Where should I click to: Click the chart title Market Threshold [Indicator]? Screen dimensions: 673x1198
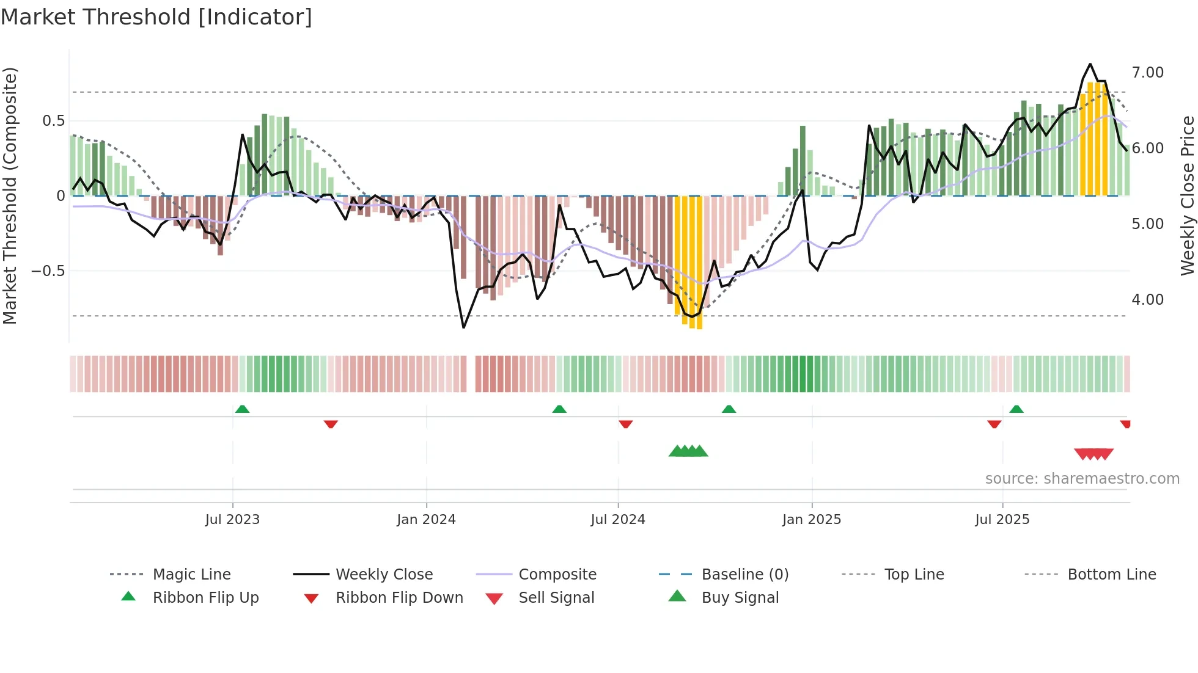156,17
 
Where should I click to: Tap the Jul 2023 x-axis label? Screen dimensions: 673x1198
232,520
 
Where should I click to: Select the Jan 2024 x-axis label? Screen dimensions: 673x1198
426,520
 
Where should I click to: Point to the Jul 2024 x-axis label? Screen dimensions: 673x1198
617,520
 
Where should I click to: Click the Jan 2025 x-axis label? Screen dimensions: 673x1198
811,520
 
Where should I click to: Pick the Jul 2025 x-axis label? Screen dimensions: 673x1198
1002,520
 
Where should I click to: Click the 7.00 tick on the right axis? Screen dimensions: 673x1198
1147,73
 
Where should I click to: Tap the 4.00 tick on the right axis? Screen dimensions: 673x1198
1147,300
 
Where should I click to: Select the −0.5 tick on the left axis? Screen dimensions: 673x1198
48,271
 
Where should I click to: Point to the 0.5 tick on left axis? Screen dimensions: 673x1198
53,121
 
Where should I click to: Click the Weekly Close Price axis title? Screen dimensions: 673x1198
1187,195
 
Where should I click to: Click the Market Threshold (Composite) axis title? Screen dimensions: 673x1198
10,195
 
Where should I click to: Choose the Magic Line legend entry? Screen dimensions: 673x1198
191,575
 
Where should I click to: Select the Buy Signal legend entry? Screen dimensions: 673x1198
740,598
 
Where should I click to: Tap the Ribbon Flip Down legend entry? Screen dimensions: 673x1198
399,598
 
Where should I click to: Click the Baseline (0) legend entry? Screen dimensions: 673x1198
744,575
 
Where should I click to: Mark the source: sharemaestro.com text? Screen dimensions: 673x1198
1082,479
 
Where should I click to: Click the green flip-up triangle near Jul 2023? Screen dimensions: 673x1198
242,409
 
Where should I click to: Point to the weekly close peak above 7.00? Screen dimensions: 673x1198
1090,64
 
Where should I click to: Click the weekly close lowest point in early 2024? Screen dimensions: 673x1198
464,327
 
